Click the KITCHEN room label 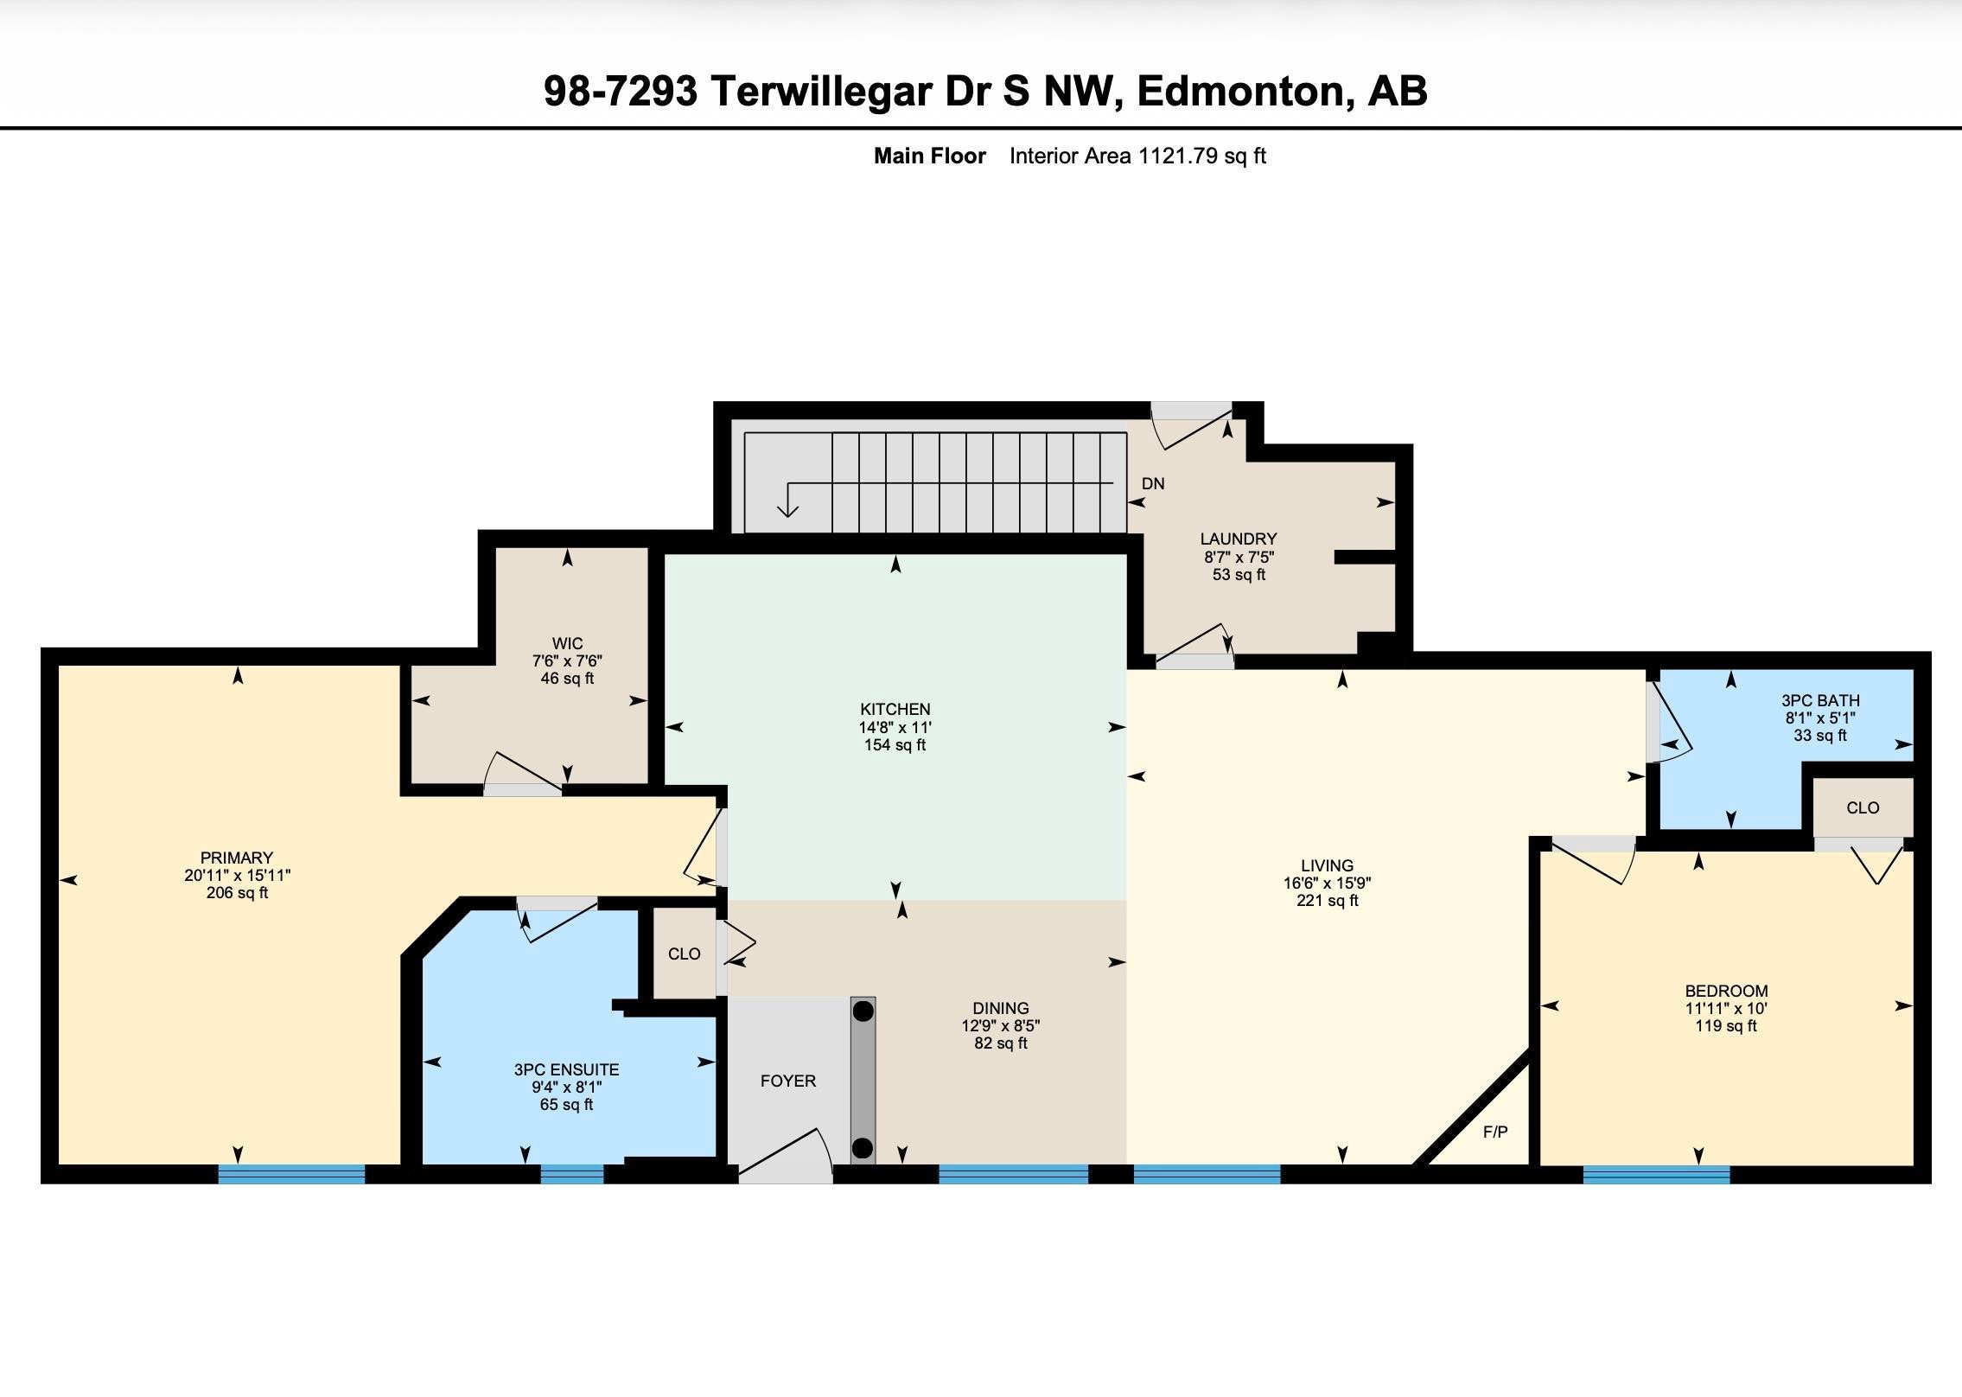point(895,709)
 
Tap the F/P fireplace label point(1495,1132)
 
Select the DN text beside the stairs point(1153,483)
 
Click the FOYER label point(787,1081)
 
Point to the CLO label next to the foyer point(684,954)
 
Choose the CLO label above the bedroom point(1863,807)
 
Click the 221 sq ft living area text point(1327,900)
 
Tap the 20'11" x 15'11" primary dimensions point(237,875)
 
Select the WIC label point(567,643)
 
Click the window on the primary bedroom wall point(291,1174)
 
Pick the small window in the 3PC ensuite point(572,1174)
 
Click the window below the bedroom point(1656,1174)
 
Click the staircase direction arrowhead point(787,511)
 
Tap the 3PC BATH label point(1820,700)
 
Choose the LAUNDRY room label point(1239,539)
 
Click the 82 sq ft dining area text point(1000,1043)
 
